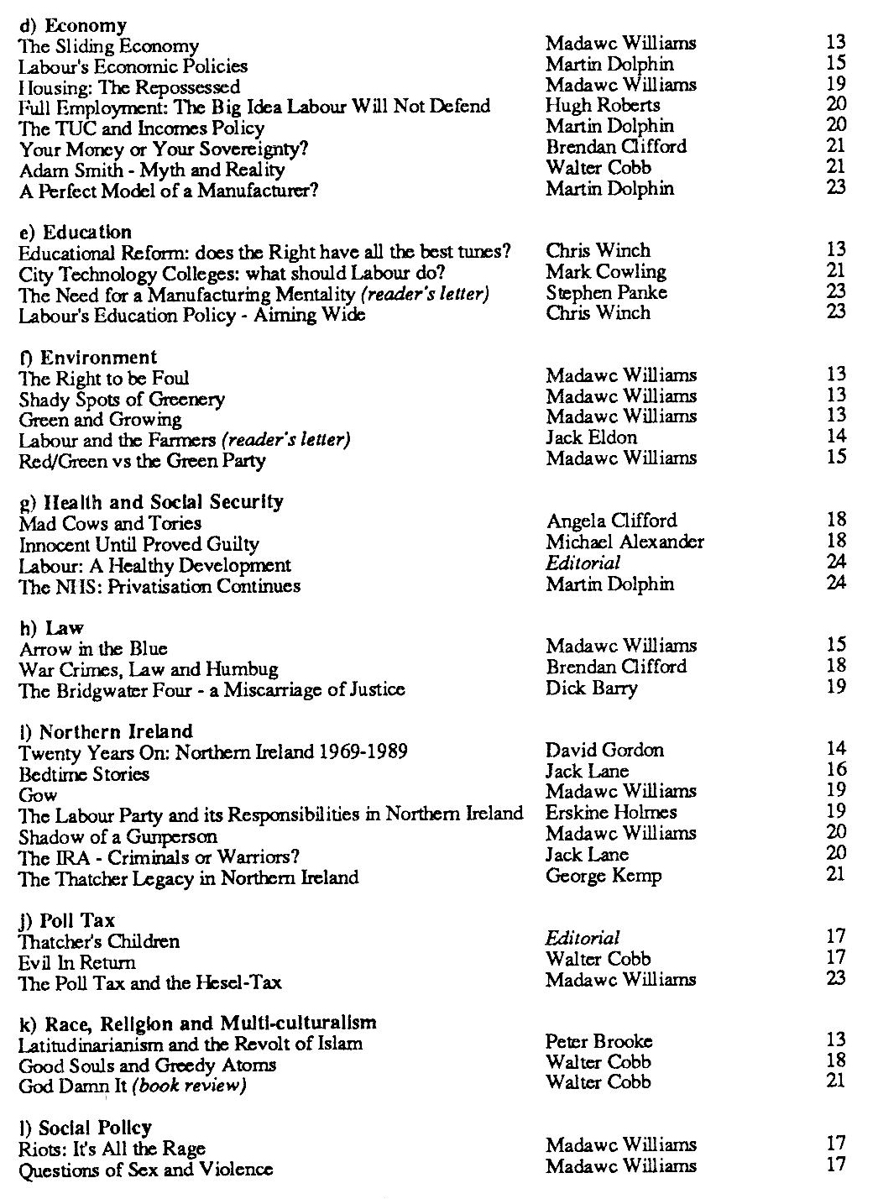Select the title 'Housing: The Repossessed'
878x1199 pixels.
click(x=129, y=87)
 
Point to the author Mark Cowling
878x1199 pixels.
click(x=605, y=271)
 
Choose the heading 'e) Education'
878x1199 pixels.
click(x=76, y=232)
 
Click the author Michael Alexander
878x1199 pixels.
click(x=625, y=544)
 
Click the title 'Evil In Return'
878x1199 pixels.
click(x=77, y=961)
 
